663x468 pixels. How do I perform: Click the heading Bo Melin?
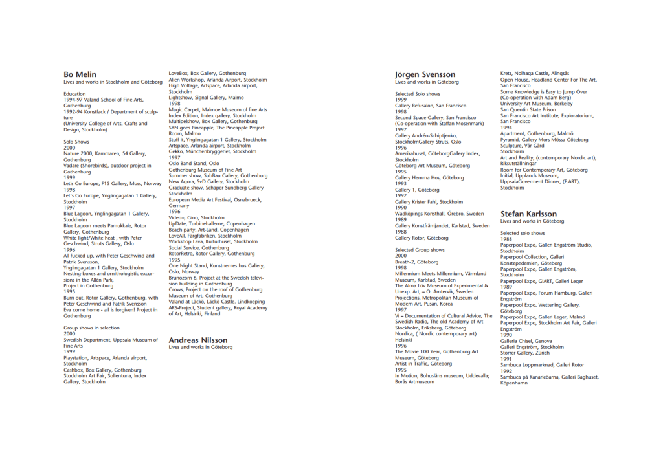click(80, 74)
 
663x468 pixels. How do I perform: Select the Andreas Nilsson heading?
click(197, 340)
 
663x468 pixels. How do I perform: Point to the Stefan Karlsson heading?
click(528, 213)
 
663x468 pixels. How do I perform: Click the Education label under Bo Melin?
click(74, 94)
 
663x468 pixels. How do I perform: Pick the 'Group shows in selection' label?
click(91, 328)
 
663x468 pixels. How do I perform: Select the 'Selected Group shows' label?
click(420, 249)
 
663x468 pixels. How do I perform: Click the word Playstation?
click(77, 357)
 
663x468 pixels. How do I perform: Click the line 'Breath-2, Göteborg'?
click(416, 262)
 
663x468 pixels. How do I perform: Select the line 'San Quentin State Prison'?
click(528, 109)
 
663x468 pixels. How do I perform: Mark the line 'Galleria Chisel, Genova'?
click(526, 341)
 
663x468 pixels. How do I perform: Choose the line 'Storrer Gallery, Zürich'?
click(525, 353)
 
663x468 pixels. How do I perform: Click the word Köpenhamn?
click(514, 383)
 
